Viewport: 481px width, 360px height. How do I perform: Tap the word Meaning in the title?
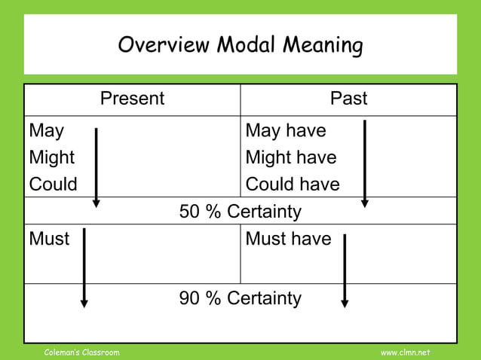(322, 46)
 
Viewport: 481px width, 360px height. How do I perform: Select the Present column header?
(132, 99)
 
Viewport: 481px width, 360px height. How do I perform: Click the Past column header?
(349, 99)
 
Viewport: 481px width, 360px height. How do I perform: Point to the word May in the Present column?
(46, 131)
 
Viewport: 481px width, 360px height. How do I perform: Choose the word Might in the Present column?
(51, 157)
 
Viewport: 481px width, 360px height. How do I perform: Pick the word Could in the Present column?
(53, 184)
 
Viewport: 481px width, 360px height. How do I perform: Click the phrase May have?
(286, 131)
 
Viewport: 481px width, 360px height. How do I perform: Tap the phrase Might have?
(291, 157)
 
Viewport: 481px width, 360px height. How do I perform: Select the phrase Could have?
(293, 184)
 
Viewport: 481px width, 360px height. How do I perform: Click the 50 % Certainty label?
(240, 212)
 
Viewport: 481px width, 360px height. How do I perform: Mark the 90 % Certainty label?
(240, 298)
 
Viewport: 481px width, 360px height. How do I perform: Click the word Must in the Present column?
(49, 239)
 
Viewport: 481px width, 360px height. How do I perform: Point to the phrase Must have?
(289, 239)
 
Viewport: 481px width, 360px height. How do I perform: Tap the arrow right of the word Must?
(84, 268)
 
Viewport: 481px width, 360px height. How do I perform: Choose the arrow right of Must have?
(345, 270)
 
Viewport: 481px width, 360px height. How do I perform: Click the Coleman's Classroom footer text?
(81, 352)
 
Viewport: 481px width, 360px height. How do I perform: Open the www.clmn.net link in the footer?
(405, 352)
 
